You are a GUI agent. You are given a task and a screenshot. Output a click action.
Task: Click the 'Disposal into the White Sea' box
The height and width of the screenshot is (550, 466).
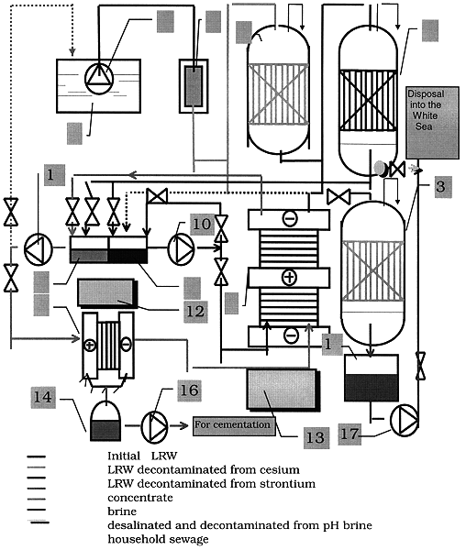432,123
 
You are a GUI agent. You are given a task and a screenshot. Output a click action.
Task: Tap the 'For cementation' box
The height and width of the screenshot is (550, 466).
234,425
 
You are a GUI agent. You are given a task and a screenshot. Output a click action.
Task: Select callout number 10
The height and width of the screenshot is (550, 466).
202,225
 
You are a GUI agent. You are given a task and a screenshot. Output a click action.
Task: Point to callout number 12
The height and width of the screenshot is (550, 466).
195,312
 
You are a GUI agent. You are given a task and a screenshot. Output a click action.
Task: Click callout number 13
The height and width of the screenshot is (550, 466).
316,437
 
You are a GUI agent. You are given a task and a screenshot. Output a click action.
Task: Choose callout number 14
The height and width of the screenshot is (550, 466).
43,398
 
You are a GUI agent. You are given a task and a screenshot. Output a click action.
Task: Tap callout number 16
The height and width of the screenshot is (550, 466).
190,390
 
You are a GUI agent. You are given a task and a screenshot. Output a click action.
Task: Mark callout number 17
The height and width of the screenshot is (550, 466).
349,434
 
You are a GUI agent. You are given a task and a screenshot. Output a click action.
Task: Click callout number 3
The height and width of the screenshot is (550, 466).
443,186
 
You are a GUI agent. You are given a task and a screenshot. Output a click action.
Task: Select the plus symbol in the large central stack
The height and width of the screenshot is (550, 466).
289,278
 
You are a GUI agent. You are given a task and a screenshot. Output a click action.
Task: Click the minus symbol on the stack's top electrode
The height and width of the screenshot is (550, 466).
290,218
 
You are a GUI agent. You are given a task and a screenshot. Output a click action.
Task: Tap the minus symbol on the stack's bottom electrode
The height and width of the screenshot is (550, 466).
292,335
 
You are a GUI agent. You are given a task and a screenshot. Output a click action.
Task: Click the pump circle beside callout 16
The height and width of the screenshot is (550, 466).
154,427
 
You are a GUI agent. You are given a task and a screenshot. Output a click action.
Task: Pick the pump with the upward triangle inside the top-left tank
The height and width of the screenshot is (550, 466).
99,79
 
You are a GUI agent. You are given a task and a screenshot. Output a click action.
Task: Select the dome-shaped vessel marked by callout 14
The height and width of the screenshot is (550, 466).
105,421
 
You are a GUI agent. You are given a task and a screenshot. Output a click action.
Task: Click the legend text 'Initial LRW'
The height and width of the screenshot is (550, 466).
142,456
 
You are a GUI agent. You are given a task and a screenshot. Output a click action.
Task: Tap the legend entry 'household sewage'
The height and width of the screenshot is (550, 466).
158,539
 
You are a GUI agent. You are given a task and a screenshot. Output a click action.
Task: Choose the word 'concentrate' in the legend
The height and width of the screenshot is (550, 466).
140,498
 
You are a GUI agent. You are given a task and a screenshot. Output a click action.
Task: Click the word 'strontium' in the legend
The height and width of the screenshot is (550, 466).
287,484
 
